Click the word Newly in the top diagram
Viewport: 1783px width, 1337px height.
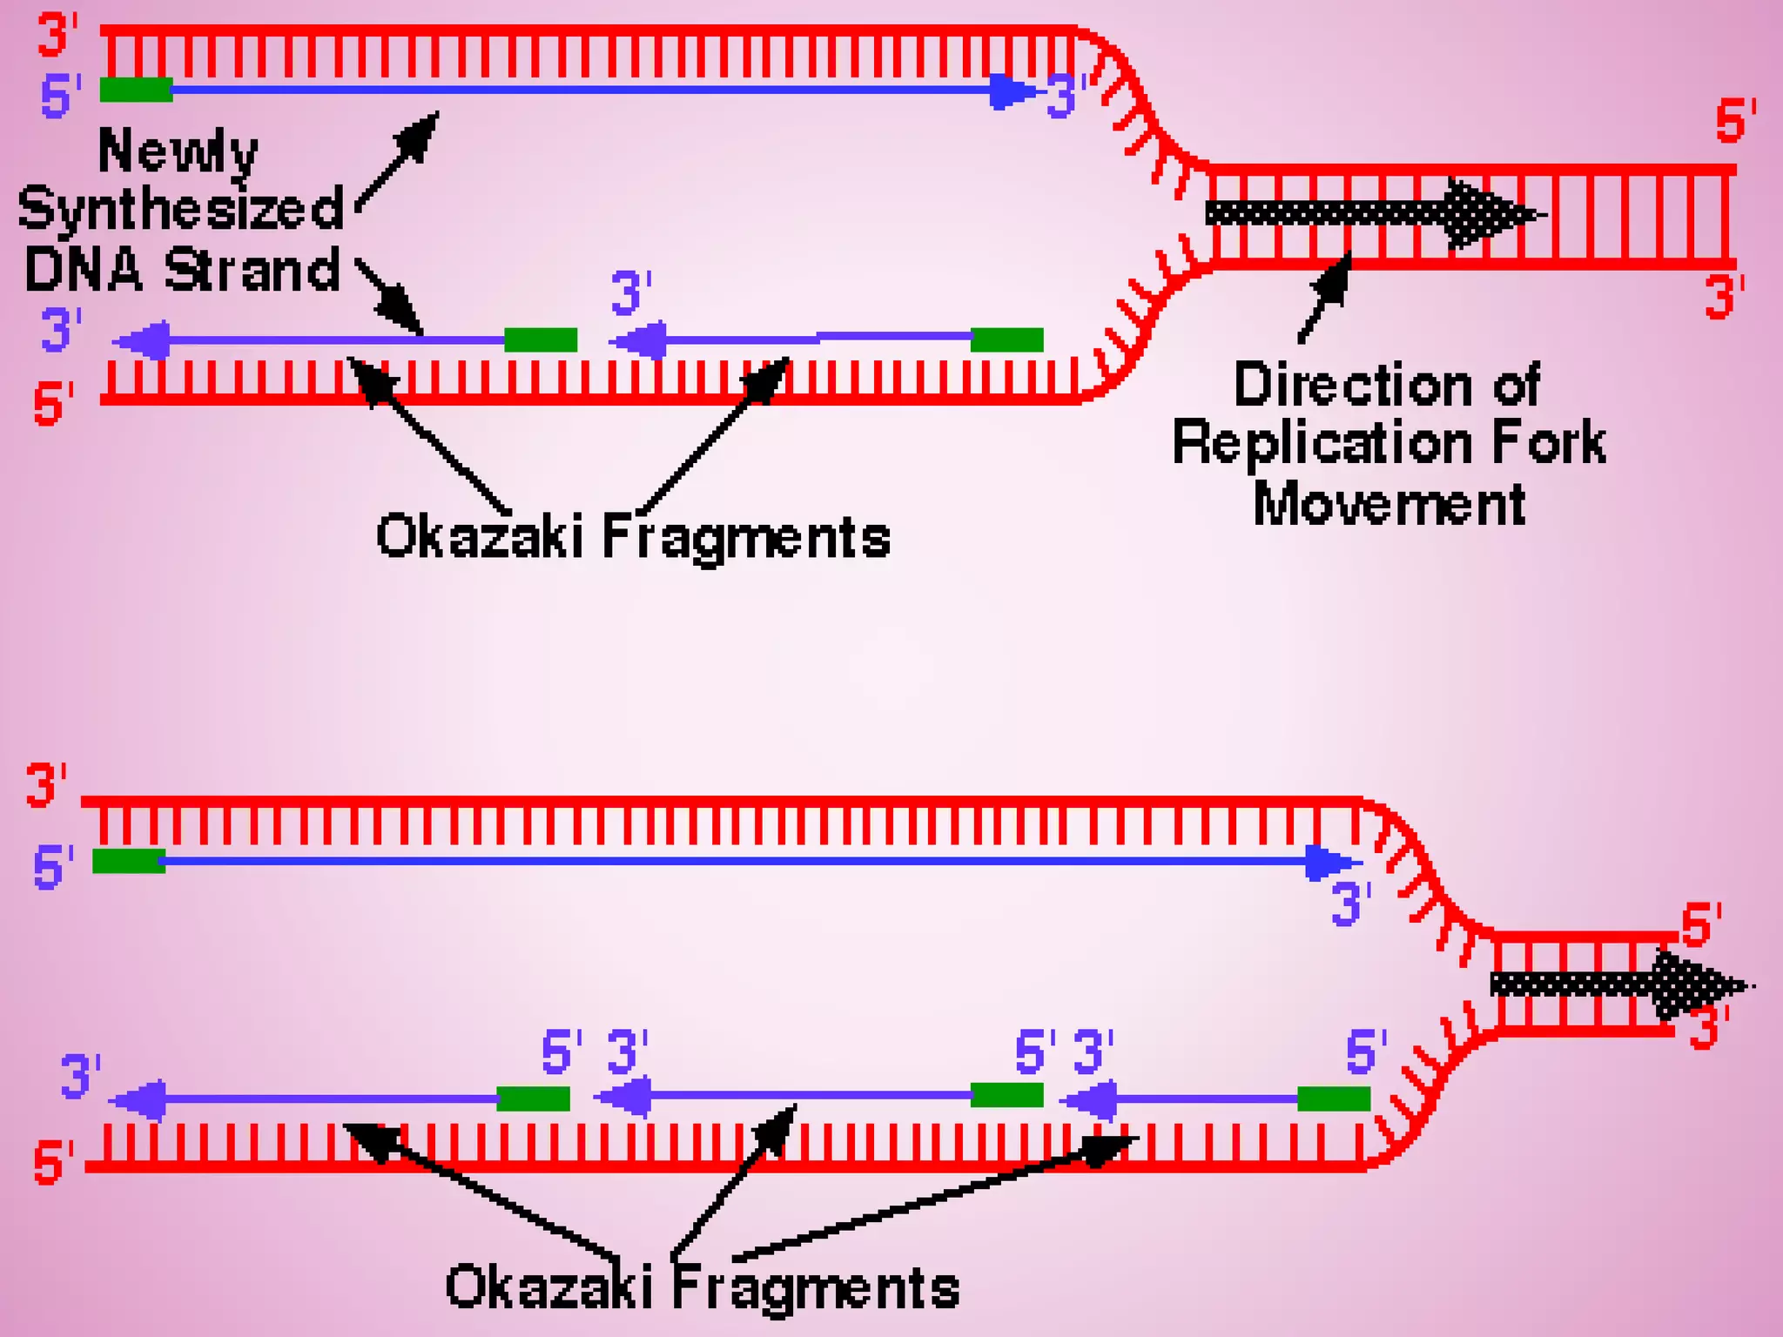coord(178,152)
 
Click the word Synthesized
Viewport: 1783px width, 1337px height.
coord(181,210)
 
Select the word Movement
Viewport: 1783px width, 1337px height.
coord(1389,504)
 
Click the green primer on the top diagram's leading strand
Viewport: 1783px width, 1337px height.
coord(136,90)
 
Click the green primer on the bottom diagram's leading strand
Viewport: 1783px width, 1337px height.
coord(129,861)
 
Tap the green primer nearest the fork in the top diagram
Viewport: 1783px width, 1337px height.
coord(1006,339)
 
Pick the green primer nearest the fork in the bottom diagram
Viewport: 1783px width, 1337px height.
coord(1333,1098)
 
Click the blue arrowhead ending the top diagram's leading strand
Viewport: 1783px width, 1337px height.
coord(1012,91)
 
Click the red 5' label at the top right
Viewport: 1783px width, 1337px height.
coord(1735,121)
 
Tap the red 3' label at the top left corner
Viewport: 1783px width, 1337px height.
coord(57,37)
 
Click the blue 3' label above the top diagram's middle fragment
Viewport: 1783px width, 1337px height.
coord(630,292)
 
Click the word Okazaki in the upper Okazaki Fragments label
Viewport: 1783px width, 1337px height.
coord(479,536)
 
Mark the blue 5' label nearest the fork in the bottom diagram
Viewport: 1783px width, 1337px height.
coord(1365,1051)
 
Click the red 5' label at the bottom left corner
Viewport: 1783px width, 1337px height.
coord(52,1164)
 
